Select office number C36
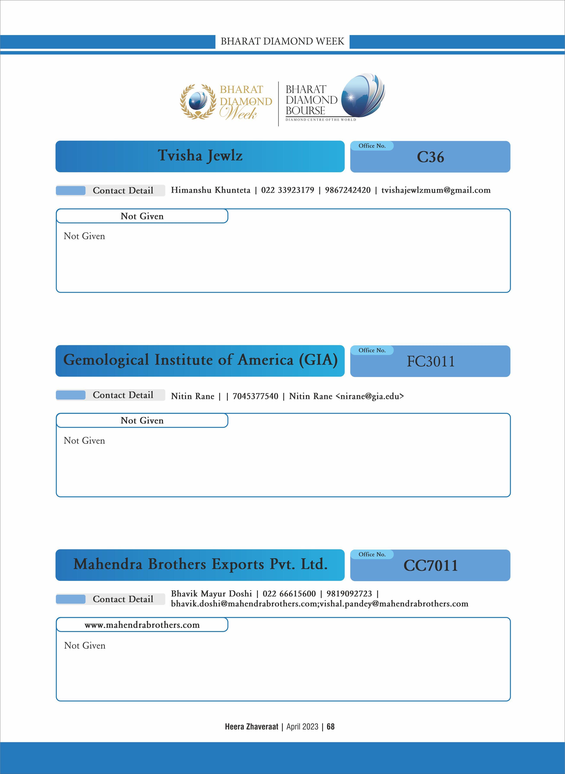tap(430, 157)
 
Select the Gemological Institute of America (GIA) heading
tap(200, 360)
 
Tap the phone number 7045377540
tap(255, 396)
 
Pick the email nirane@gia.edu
tap(370, 396)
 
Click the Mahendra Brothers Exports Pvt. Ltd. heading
tap(200, 564)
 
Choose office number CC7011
tap(430, 566)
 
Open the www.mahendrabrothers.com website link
tap(142, 625)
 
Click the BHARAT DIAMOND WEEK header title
tap(282, 41)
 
